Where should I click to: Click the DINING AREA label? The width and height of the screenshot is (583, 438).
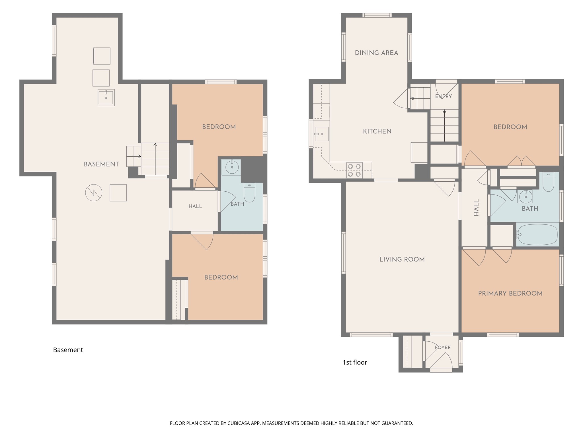[376, 53]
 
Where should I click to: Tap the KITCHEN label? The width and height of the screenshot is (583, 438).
[377, 131]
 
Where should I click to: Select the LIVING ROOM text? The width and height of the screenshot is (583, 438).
[402, 259]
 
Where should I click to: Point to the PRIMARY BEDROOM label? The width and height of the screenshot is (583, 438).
[510, 293]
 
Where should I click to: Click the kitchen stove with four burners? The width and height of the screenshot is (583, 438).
[354, 170]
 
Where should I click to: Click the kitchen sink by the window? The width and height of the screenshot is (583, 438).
[321, 134]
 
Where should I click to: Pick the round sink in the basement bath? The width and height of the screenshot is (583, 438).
[232, 167]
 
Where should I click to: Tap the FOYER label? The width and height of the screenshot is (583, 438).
[443, 347]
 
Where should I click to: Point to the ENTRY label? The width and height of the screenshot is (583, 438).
[444, 96]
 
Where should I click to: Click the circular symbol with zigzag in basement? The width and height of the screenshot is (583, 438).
[94, 193]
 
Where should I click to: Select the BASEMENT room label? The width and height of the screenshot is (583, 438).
[101, 164]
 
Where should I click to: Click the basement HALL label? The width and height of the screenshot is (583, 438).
[195, 206]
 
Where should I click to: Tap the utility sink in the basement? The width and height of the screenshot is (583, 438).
[106, 98]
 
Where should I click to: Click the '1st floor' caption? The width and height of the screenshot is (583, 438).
[355, 362]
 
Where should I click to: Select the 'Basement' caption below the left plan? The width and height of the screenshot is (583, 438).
[68, 350]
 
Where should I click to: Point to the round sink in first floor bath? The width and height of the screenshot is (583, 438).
[525, 196]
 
